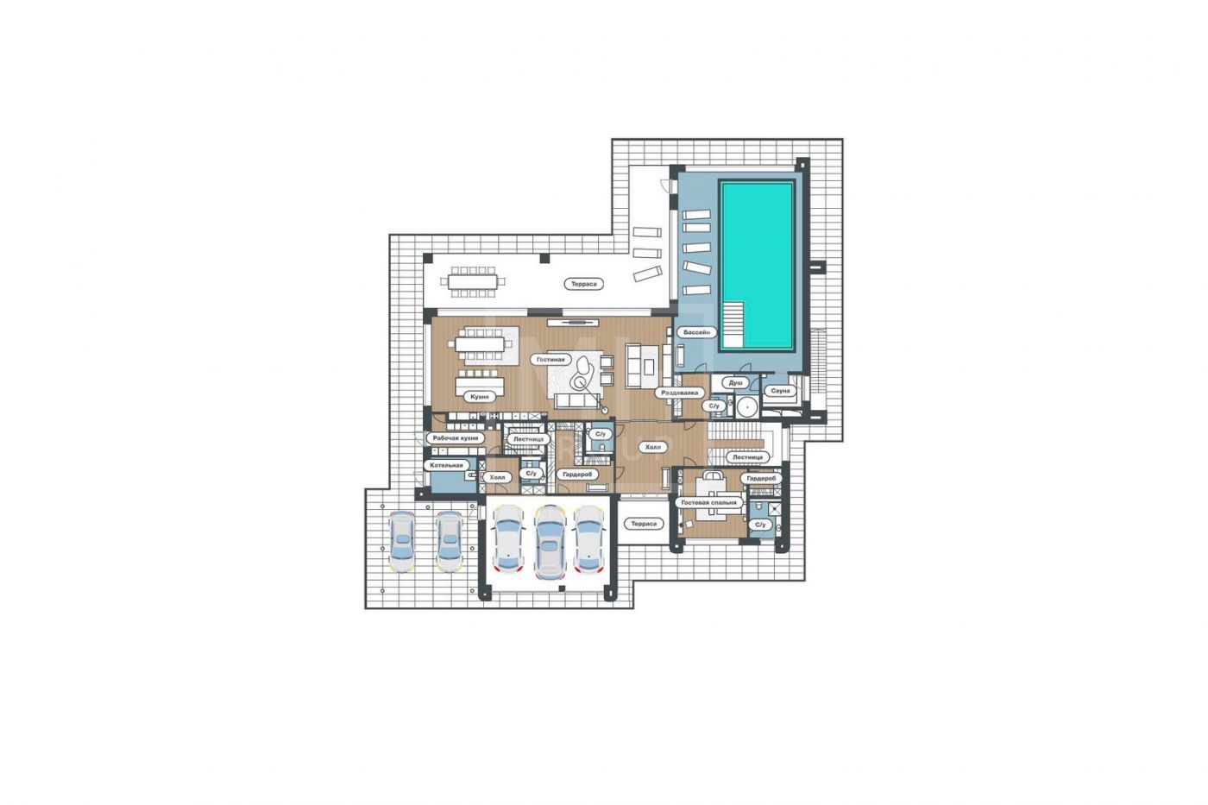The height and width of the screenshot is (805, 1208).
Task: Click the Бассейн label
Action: [697, 332]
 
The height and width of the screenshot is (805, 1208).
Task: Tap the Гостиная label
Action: [551, 359]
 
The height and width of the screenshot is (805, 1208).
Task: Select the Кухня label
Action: [480, 397]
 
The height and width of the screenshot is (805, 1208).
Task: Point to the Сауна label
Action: [780, 390]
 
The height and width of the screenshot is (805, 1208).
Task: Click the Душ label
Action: [735, 382]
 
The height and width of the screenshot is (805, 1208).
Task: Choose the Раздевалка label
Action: [680, 393]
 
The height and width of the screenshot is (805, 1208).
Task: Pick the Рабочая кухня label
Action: [456, 438]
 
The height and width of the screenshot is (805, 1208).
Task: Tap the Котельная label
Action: [446, 465]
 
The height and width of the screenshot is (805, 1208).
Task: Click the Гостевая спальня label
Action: [708, 502]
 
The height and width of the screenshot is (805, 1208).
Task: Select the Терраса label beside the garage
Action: [644, 524]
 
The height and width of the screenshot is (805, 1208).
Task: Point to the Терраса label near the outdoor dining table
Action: [583, 284]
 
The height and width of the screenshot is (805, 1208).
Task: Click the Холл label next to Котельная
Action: [497, 477]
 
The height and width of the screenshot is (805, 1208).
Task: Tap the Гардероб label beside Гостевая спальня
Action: [761, 478]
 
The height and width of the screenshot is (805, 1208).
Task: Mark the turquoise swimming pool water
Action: [758, 266]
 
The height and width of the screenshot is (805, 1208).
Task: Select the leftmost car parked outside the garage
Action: [402, 541]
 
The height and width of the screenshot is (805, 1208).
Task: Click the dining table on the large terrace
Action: [473, 281]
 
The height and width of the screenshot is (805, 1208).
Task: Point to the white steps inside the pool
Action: [733, 324]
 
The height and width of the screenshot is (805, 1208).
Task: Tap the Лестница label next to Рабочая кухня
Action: [528, 439]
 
